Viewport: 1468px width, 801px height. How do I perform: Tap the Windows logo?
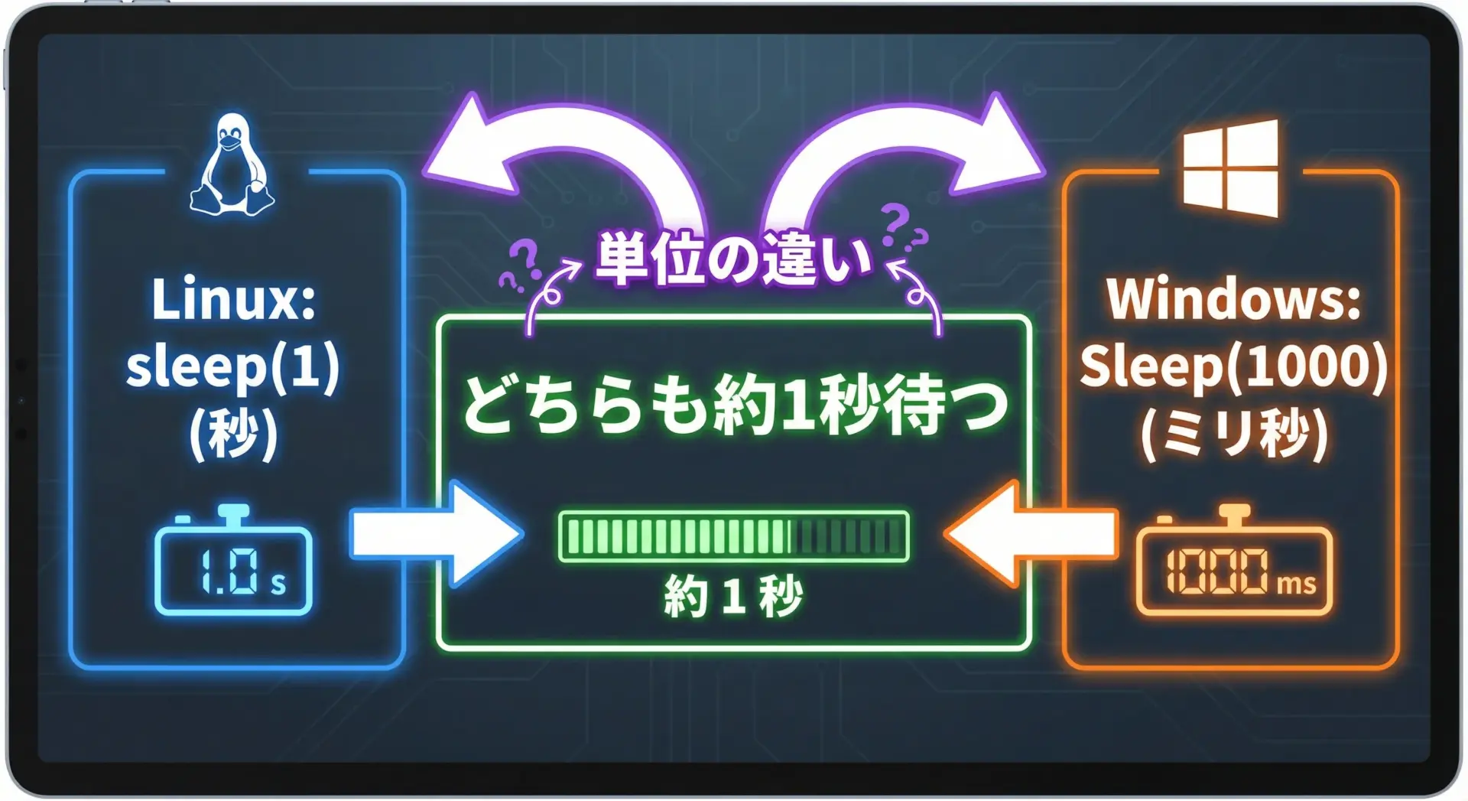pyautogui.click(x=1230, y=168)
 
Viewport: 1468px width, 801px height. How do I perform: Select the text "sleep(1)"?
pyautogui.click(x=233, y=367)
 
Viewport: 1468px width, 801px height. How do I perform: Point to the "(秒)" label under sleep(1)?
pyautogui.click(x=233, y=433)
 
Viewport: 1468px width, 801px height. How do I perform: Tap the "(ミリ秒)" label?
pyautogui.click(x=1233, y=433)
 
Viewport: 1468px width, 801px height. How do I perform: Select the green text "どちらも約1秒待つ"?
pyautogui.click(x=735, y=403)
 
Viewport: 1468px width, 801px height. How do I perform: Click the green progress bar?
pyautogui.click(x=734, y=536)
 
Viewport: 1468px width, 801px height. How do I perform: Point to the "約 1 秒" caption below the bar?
pyautogui.click(x=734, y=596)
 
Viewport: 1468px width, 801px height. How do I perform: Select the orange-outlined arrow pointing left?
pyautogui.click(x=1031, y=533)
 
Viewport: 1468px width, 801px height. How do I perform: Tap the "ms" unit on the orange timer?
pyautogui.click(x=1296, y=584)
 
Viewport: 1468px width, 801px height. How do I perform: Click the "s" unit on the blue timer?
pyautogui.click(x=278, y=584)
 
